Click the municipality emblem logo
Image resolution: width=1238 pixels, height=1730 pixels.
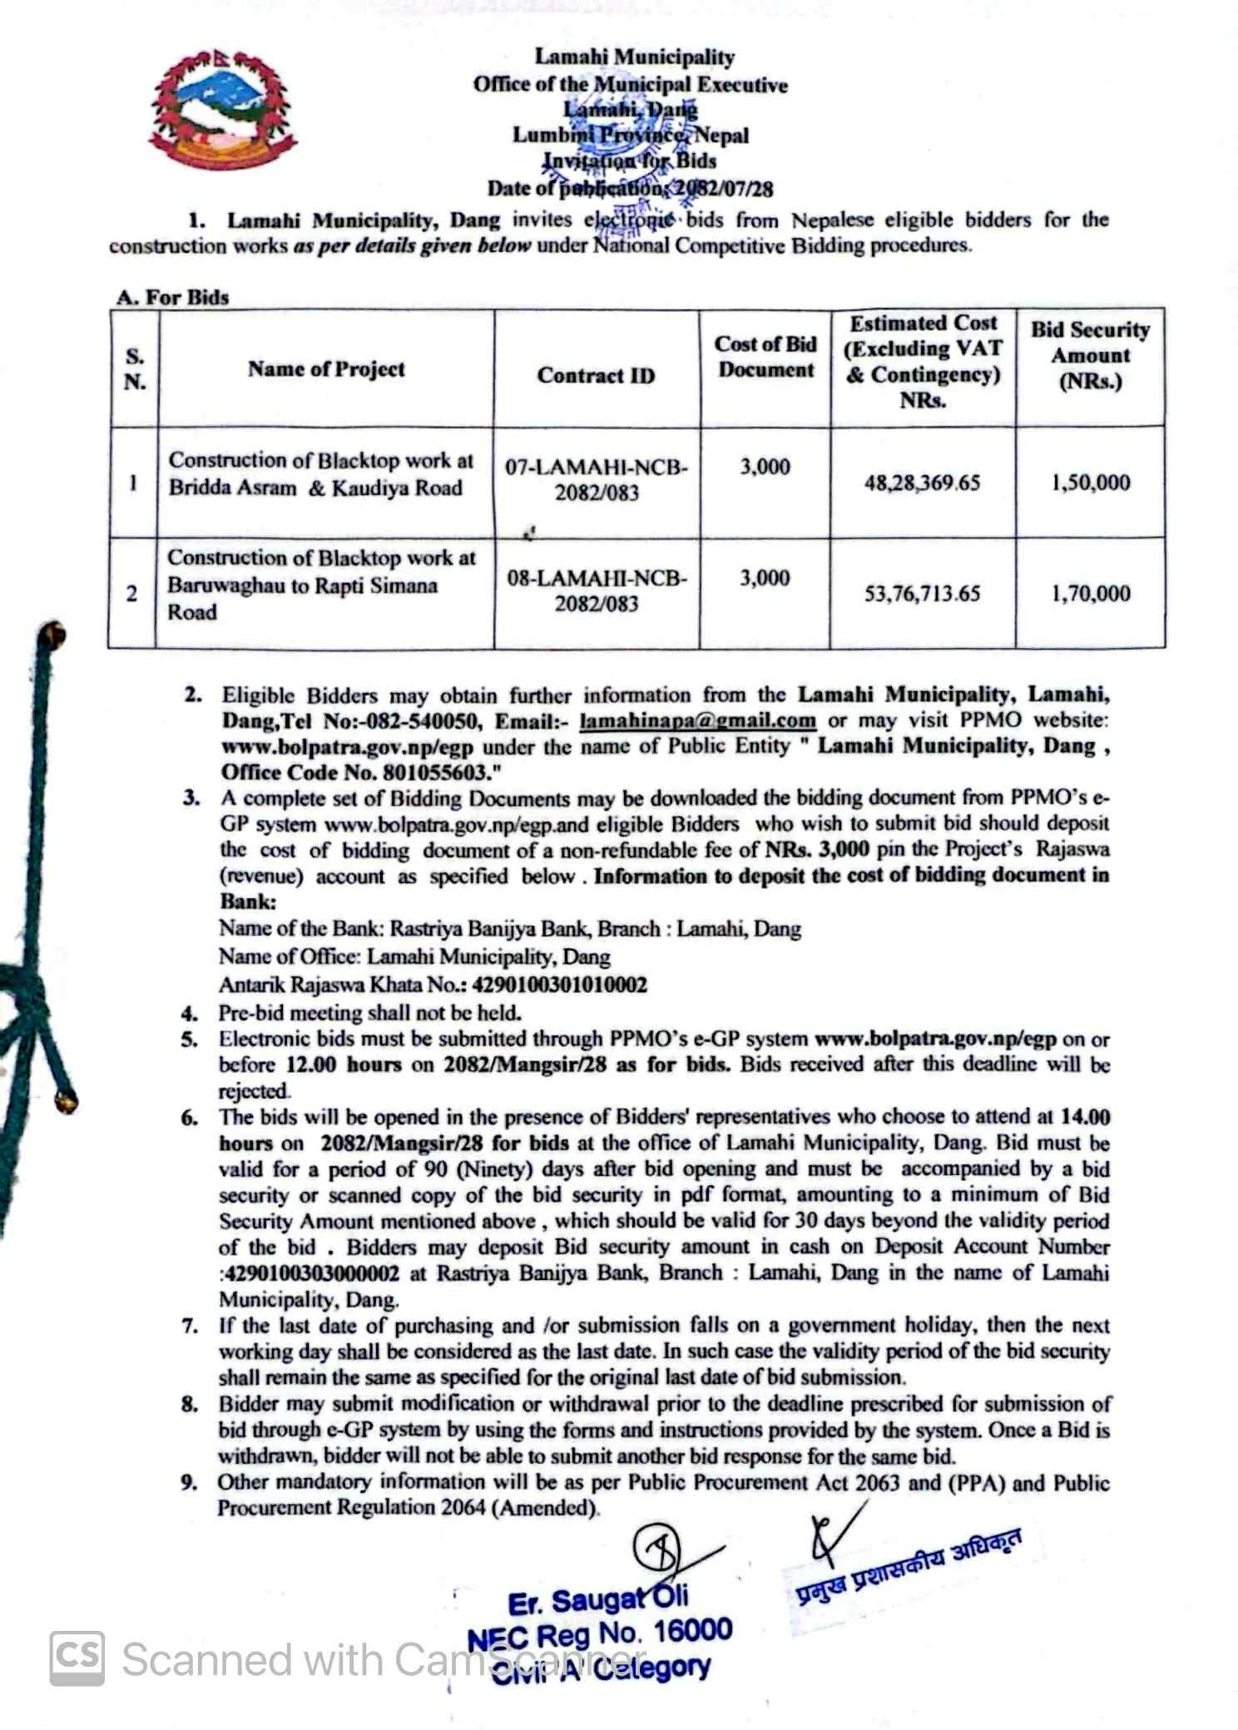(222, 108)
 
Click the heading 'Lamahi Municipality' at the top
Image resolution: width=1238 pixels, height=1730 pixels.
(634, 57)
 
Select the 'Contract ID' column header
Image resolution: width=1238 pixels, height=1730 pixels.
(596, 375)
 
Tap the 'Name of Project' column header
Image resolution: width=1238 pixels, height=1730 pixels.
(326, 368)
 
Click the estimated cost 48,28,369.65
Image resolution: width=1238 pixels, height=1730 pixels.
(922, 482)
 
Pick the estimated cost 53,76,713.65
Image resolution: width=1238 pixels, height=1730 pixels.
(922, 593)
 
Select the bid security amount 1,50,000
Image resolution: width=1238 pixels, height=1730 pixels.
(1090, 482)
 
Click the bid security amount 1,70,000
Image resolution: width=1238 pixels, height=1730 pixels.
(1090, 593)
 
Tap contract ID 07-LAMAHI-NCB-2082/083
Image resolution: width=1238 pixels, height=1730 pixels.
(597, 479)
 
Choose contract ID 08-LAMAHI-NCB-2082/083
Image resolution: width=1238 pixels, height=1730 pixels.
(597, 591)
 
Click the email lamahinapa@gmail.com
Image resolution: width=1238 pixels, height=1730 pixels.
(697, 720)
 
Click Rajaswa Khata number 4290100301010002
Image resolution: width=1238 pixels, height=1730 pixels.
(559, 985)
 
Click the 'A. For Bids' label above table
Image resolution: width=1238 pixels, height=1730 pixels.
(173, 297)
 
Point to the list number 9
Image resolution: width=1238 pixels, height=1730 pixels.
(189, 1482)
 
